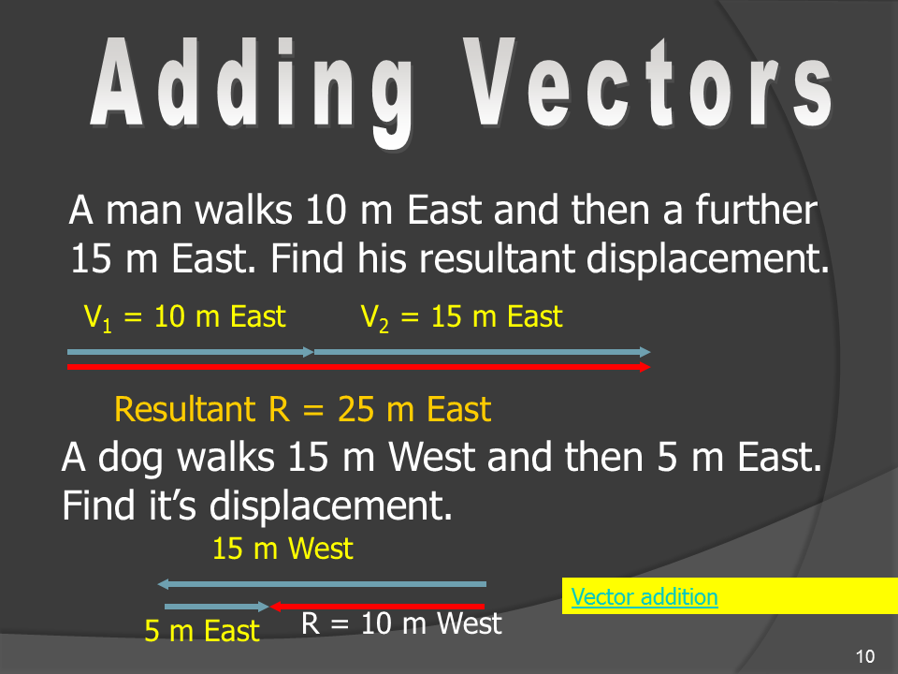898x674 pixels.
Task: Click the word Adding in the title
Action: tap(252, 89)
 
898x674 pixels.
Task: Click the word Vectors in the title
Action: tap(647, 82)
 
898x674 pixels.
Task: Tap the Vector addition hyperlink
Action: tap(645, 597)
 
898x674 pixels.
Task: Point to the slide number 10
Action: tap(864, 656)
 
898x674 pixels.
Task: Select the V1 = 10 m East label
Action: tap(184, 317)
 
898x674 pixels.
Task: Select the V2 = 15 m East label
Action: tap(461, 317)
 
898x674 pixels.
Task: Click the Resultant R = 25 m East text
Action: tap(302, 409)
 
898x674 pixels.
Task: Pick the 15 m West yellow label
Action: tap(282, 549)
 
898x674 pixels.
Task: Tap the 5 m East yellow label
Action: tap(202, 631)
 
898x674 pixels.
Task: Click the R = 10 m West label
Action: tap(401, 623)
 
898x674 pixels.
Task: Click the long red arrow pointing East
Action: tap(358, 367)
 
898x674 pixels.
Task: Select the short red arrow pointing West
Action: tap(377, 607)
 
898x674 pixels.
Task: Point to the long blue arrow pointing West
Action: tap(322, 584)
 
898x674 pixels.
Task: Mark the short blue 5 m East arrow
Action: tap(216, 607)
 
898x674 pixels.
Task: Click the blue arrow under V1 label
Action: tap(190, 352)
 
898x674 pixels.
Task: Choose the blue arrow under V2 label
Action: tap(483, 352)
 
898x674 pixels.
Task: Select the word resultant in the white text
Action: tap(497, 258)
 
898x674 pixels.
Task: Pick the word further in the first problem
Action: tap(757, 210)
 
